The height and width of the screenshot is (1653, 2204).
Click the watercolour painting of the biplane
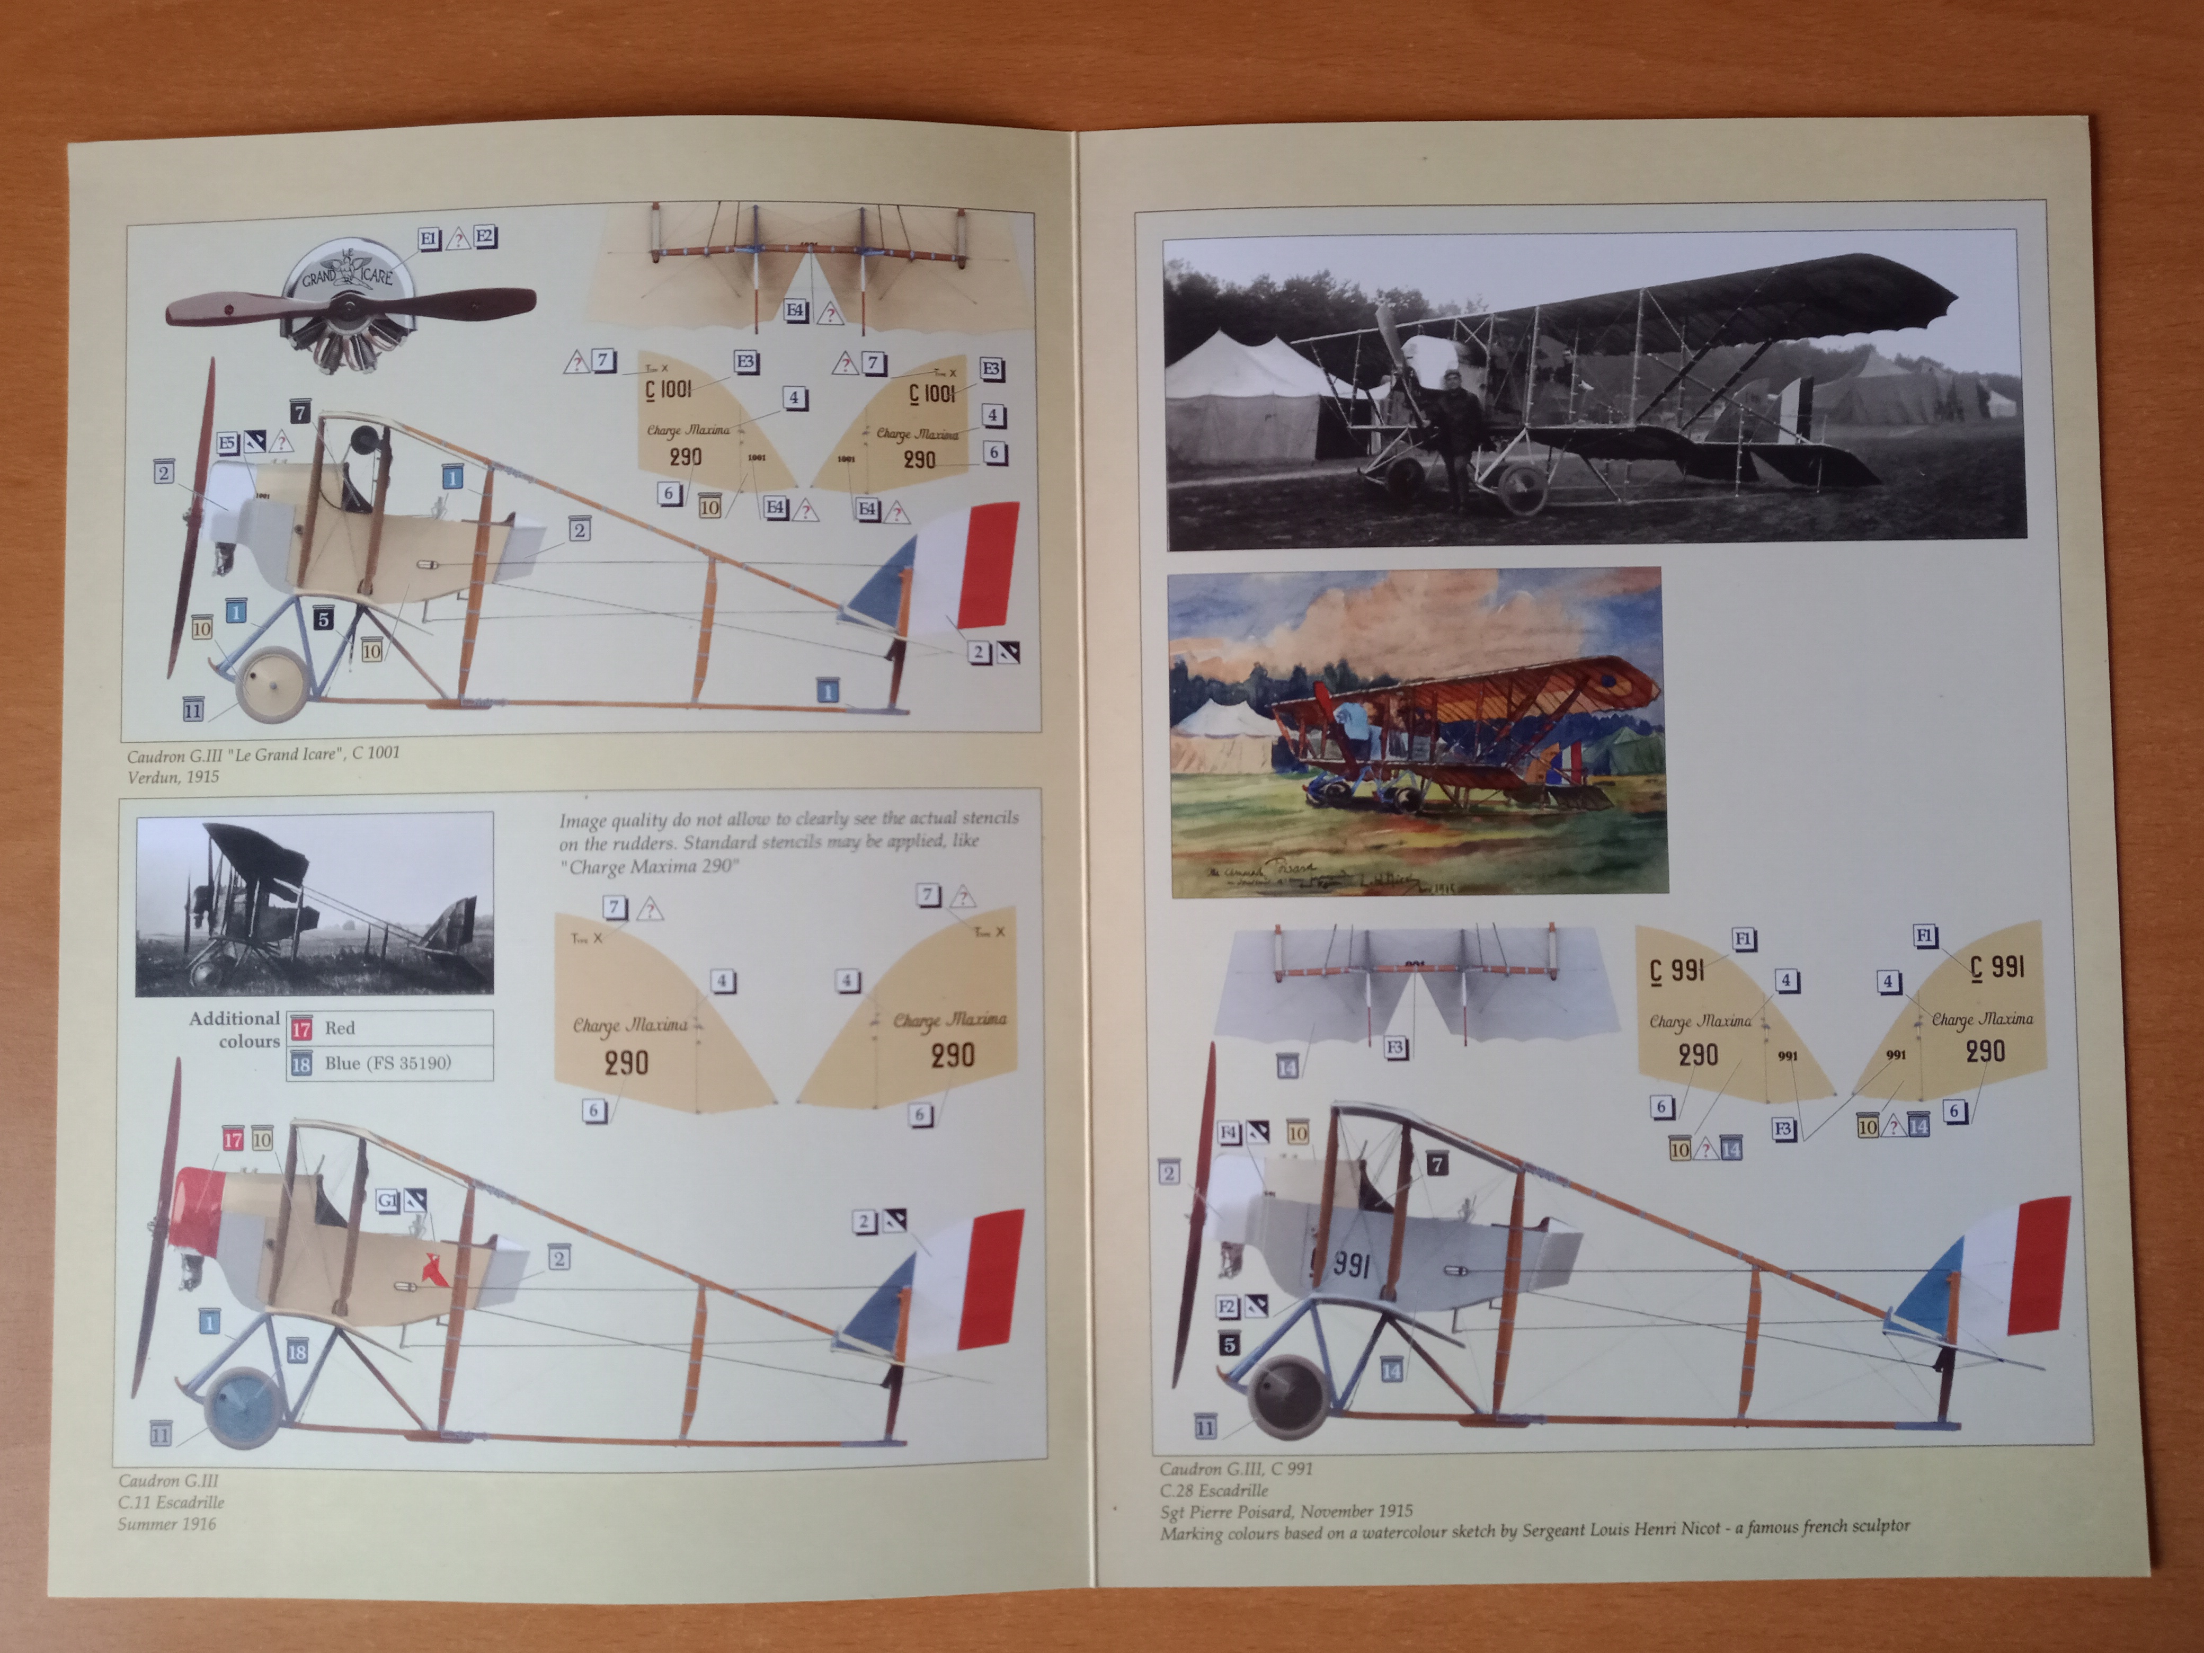click(x=1415, y=732)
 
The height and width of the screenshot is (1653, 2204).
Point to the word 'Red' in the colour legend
click(x=340, y=1027)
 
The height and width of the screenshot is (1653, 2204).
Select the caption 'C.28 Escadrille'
click(x=1214, y=1490)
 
